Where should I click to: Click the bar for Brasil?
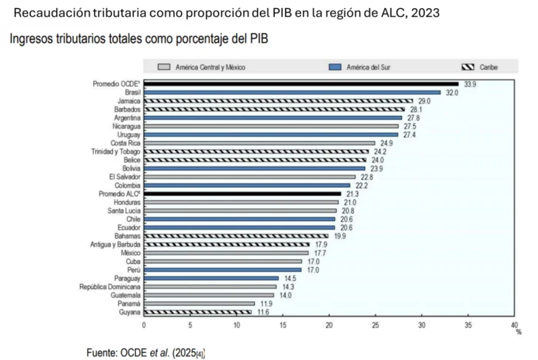point(292,92)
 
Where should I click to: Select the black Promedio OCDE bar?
point(301,84)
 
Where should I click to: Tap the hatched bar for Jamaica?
point(278,101)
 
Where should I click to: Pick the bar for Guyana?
point(197,312)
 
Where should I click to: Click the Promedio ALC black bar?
point(242,194)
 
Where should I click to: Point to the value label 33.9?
point(470,84)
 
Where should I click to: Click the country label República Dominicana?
point(110,287)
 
